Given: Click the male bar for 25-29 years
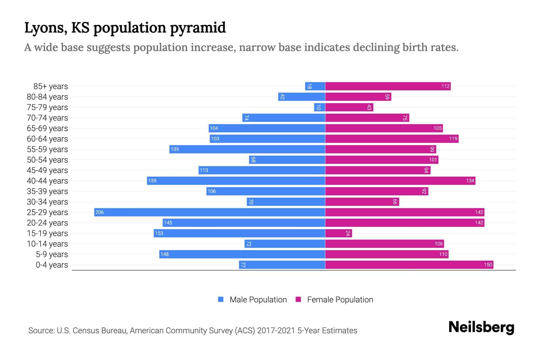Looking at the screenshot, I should (x=209, y=212).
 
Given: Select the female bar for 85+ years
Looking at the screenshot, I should (x=388, y=86).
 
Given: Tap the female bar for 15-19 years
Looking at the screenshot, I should (x=338, y=233).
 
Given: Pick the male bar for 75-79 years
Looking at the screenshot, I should (x=319, y=107).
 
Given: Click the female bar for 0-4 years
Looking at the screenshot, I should (x=409, y=265).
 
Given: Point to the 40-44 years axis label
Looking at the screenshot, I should (x=47, y=181).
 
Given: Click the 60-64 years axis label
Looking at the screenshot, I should (x=47, y=139).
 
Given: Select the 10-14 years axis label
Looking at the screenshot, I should (x=47, y=244).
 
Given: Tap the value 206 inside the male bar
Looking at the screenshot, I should (x=99, y=212).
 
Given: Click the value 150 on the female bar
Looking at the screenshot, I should (x=488, y=265).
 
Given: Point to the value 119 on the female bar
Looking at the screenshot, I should (x=453, y=139).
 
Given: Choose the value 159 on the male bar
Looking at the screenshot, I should (x=152, y=181).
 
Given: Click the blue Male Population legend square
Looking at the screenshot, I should (x=221, y=299).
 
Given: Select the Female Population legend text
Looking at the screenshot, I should (x=340, y=299).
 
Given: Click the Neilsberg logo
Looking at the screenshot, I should (x=481, y=327).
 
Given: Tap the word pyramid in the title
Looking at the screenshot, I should (x=198, y=28).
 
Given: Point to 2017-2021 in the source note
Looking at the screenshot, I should (x=276, y=331).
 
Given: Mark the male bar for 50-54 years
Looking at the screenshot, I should (x=287, y=160).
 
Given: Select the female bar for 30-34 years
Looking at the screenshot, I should (x=362, y=202).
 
